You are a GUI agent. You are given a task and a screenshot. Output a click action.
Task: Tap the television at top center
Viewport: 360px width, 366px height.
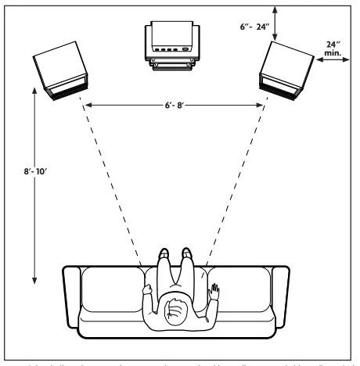pyautogui.click(x=171, y=48)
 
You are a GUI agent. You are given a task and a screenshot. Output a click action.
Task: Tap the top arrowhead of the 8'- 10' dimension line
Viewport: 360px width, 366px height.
pyautogui.click(x=34, y=91)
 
